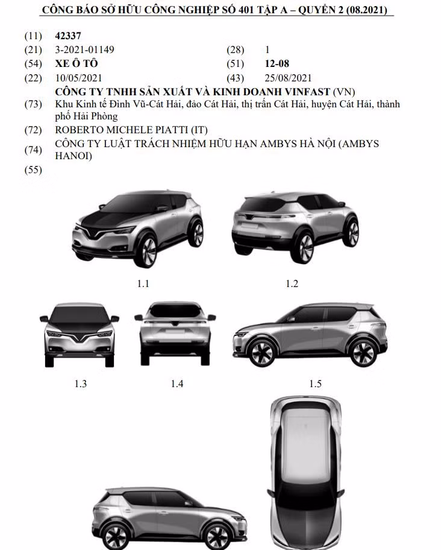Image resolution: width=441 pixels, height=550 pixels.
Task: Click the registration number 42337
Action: pos(67,36)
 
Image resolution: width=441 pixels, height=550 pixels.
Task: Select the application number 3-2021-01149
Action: pos(84,49)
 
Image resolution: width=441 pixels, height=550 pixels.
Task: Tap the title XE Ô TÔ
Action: pos(76,63)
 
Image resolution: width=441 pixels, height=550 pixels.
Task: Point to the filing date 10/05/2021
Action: pos(78,78)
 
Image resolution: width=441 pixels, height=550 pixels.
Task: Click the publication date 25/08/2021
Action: pos(288,78)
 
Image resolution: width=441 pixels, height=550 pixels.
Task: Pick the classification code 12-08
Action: pos(278,63)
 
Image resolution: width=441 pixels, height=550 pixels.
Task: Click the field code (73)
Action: pos(33,104)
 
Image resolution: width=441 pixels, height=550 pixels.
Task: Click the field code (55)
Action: pos(33,170)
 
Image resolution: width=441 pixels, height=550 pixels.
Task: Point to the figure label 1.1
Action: pos(143,283)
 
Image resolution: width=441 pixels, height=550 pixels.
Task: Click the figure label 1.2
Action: pos(292,283)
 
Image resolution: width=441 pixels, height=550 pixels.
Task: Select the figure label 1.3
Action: pos(80,383)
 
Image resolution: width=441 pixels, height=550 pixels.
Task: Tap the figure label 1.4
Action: pos(177,383)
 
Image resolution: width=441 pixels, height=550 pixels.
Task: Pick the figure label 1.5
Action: pos(315,383)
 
